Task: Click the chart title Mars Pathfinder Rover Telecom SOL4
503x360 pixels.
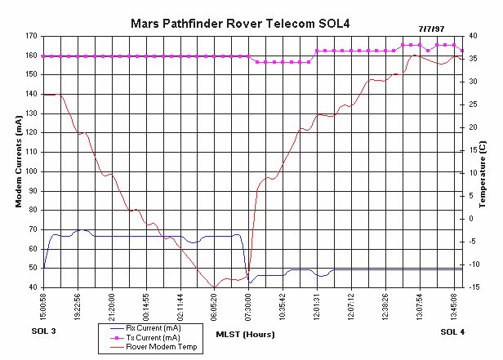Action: point(251,23)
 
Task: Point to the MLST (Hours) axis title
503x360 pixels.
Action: point(244,334)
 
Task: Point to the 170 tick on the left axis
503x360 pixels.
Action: point(33,36)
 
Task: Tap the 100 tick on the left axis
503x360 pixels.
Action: point(33,171)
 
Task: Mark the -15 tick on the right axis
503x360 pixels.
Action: point(474,287)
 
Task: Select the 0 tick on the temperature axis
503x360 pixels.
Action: point(471,219)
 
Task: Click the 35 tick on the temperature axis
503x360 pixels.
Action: point(472,59)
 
